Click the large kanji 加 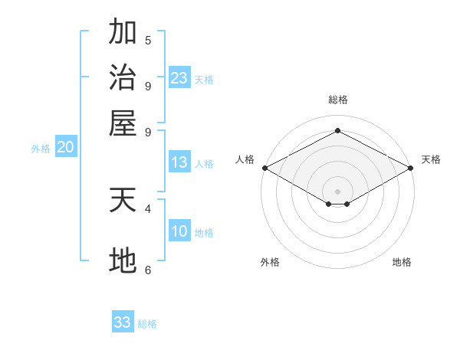123,31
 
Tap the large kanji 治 123,77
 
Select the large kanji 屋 123,123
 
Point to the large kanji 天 123,200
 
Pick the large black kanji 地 123,260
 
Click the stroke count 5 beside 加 148,40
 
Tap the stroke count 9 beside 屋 148,133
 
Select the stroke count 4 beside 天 148,209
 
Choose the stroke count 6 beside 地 148,270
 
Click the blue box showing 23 179,77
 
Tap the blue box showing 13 179,162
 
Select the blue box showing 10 179,230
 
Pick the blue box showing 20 66,146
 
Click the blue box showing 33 123,321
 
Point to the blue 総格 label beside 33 147,324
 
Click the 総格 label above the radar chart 338,100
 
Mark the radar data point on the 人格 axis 265,168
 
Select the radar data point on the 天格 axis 411,168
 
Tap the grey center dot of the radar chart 337,191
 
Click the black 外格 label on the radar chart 270,262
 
